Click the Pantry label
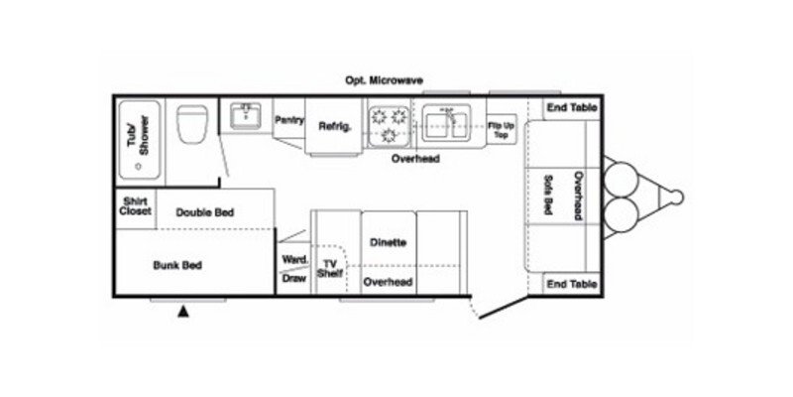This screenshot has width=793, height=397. [288, 119]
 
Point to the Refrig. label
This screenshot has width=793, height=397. [335, 126]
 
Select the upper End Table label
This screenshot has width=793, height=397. [571, 108]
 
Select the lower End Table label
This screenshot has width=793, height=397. [571, 284]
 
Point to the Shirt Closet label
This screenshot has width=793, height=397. [135, 205]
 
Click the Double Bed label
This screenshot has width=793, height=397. [205, 211]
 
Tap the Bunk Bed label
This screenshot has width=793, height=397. [177, 265]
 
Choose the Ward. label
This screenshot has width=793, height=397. [293, 260]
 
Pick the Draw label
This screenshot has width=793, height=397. [293, 279]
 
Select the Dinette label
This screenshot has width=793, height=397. [388, 242]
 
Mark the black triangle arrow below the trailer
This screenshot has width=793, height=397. [183, 313]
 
